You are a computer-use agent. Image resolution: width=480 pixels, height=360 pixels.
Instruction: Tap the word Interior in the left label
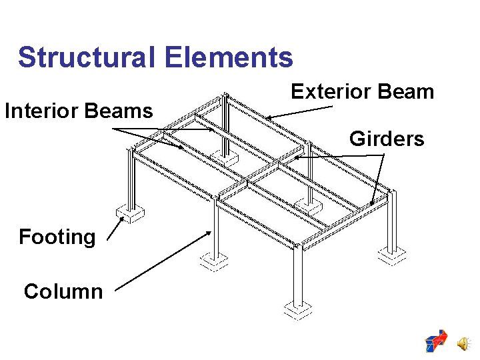tap(44, 111)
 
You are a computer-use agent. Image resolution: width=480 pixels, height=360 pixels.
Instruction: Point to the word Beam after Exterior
tap(406, 91)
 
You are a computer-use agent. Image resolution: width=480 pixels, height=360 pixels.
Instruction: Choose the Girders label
tap(387, 139)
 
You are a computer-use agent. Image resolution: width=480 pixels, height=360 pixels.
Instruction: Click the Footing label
tap(57, 237)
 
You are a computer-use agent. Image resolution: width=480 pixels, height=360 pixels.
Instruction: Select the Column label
tap(63, 291)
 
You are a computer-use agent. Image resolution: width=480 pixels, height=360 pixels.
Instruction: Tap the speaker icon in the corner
tap(462, 343)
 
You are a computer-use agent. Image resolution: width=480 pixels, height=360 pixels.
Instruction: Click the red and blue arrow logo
tap(437, 341)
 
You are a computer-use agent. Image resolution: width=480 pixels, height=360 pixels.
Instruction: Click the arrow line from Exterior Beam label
tap(300, 112)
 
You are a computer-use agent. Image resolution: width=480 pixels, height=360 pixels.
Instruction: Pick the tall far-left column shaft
tap(131, 180)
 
